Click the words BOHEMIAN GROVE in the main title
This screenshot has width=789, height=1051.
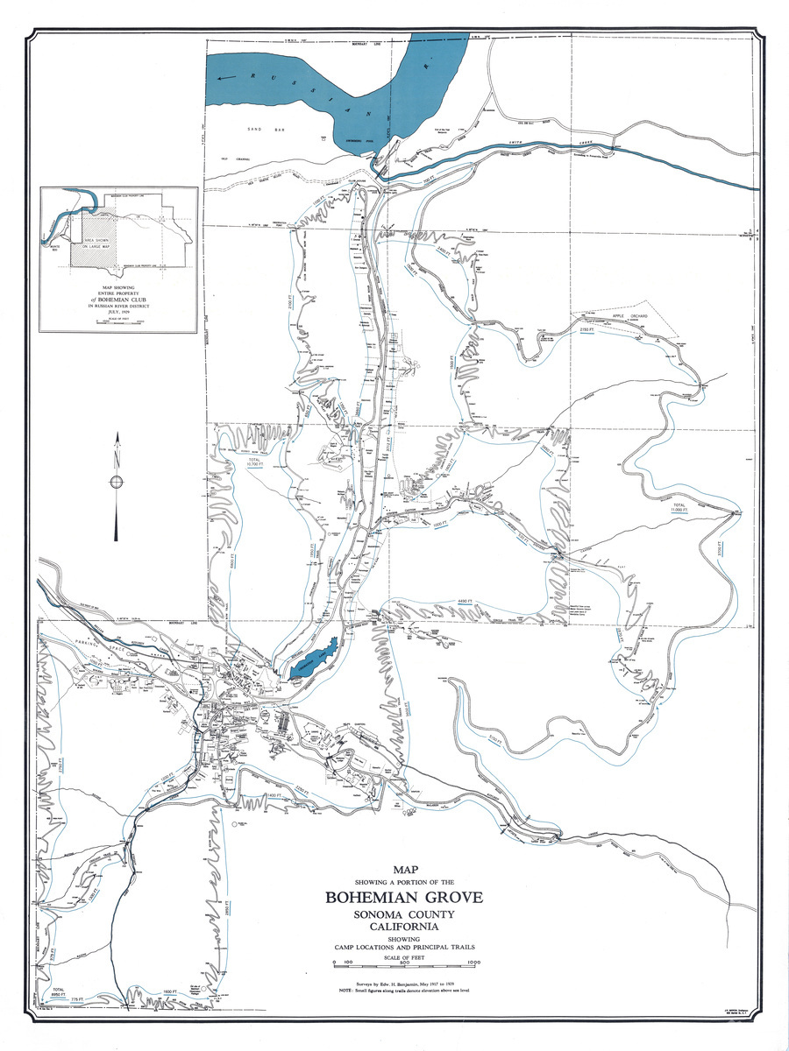[404, 898]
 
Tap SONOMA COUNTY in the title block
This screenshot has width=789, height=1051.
[404, 914]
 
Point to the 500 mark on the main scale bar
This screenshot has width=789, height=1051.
[404, 963]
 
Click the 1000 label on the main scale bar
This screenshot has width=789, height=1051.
[474, 963]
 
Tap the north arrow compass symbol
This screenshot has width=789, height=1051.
[116, 483]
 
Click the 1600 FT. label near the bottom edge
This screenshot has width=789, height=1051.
[172, 993]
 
